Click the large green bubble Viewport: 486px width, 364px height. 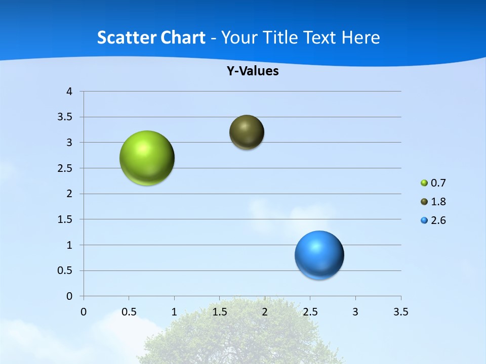(x=147, y=158)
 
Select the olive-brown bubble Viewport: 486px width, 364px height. (x=247, y=132)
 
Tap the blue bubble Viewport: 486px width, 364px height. (x=319, y=255)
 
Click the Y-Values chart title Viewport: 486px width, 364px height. (x=252, y=71)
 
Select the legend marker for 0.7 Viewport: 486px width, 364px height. (x=424, y=183)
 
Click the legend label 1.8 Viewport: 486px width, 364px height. (x=438, y=202)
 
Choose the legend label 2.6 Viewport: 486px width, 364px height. (x=438, y=220)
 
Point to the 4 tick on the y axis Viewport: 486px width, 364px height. (x=69, y=92)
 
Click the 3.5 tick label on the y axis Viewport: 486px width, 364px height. (x=66, y=117)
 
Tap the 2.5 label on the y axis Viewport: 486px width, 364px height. (x=66, y=168)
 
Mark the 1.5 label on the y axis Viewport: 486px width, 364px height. (x=66, y=219)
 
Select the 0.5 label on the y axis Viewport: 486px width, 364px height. (x=66, y=271)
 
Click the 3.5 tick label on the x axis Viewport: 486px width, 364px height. (x=400, y=312)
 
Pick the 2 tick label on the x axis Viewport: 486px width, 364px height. (x=265, y=312)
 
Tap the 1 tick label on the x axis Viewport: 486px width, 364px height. (x=174, y=312)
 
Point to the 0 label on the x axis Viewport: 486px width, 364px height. (x=84, y=312)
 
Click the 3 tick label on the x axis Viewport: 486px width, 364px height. (x=355, y=312)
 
